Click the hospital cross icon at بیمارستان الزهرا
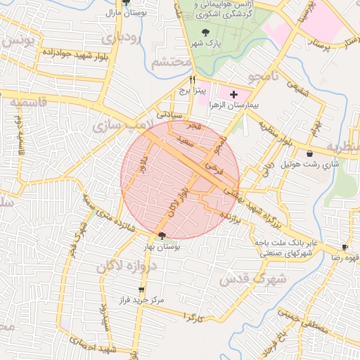tap(233, 94)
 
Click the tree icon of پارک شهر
tap(205, 32)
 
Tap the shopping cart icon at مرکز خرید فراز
tap(142, 290)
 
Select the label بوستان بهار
tap(162, 247)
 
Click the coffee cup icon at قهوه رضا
tap(345, 247)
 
